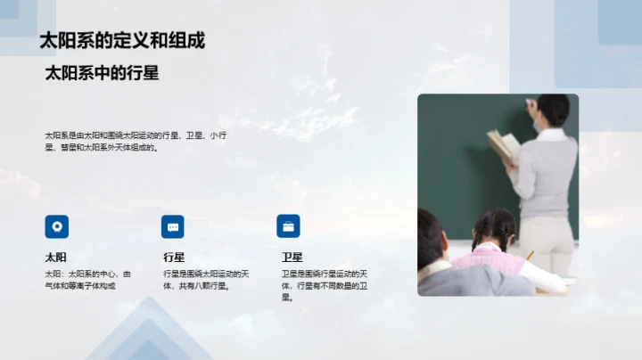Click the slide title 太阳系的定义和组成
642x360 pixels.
click(x=122, y=41)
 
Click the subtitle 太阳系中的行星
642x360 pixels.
click(x=102, y=74)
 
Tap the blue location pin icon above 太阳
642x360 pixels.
click(x=57, y=226)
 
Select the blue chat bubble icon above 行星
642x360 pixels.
click(x=173, y=226)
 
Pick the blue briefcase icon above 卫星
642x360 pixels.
click(x=288, y=226)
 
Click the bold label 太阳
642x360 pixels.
click(x=56, y=257)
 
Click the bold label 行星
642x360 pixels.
click(x=173, y=257)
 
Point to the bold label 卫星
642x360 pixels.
click(x=292, y=257)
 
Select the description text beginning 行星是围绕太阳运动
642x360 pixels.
click(x=205, y=279)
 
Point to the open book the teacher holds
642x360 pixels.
click(x=503, y=144)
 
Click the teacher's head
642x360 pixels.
click(x=554, y=110)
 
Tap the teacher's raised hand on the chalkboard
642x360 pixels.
click(x=531, y=105)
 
